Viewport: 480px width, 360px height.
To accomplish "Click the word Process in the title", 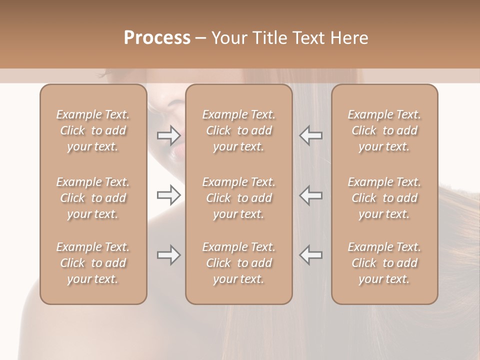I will pyautogui.click(x=157, y=37).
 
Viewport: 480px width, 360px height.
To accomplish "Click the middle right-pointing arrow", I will pyautogui.click(x=169, y=195).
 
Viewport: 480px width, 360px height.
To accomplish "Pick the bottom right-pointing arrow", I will pyautogui.click(x=169, y=255).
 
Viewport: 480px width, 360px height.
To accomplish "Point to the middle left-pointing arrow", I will pyautogui.click(x=311, y=195).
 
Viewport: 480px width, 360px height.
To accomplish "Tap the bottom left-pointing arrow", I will pyautogui.click(x=311, y=255).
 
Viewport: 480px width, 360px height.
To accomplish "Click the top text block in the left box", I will pyautogui.click(x=93, y=130).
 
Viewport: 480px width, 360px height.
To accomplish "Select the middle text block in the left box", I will pyautogui.click(x=93, y=198).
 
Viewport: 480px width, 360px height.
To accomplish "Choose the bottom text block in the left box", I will pyautogui.click(x=93, y=263).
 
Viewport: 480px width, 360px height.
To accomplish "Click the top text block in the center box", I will pyautogui.click(x=239, y=130).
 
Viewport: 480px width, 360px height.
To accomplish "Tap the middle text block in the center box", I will pyautogui.click(x=239, y=198).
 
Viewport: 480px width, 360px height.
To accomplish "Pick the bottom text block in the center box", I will pyautogui.click(x=239, y=263).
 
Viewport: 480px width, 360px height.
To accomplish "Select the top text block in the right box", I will pyautogui.click(x=384, y=130).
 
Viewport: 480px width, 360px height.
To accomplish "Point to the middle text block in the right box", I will pyautogui.click(x=384, y=198).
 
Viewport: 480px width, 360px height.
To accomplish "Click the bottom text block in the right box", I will pyautogui.click(x=384, y=263).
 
